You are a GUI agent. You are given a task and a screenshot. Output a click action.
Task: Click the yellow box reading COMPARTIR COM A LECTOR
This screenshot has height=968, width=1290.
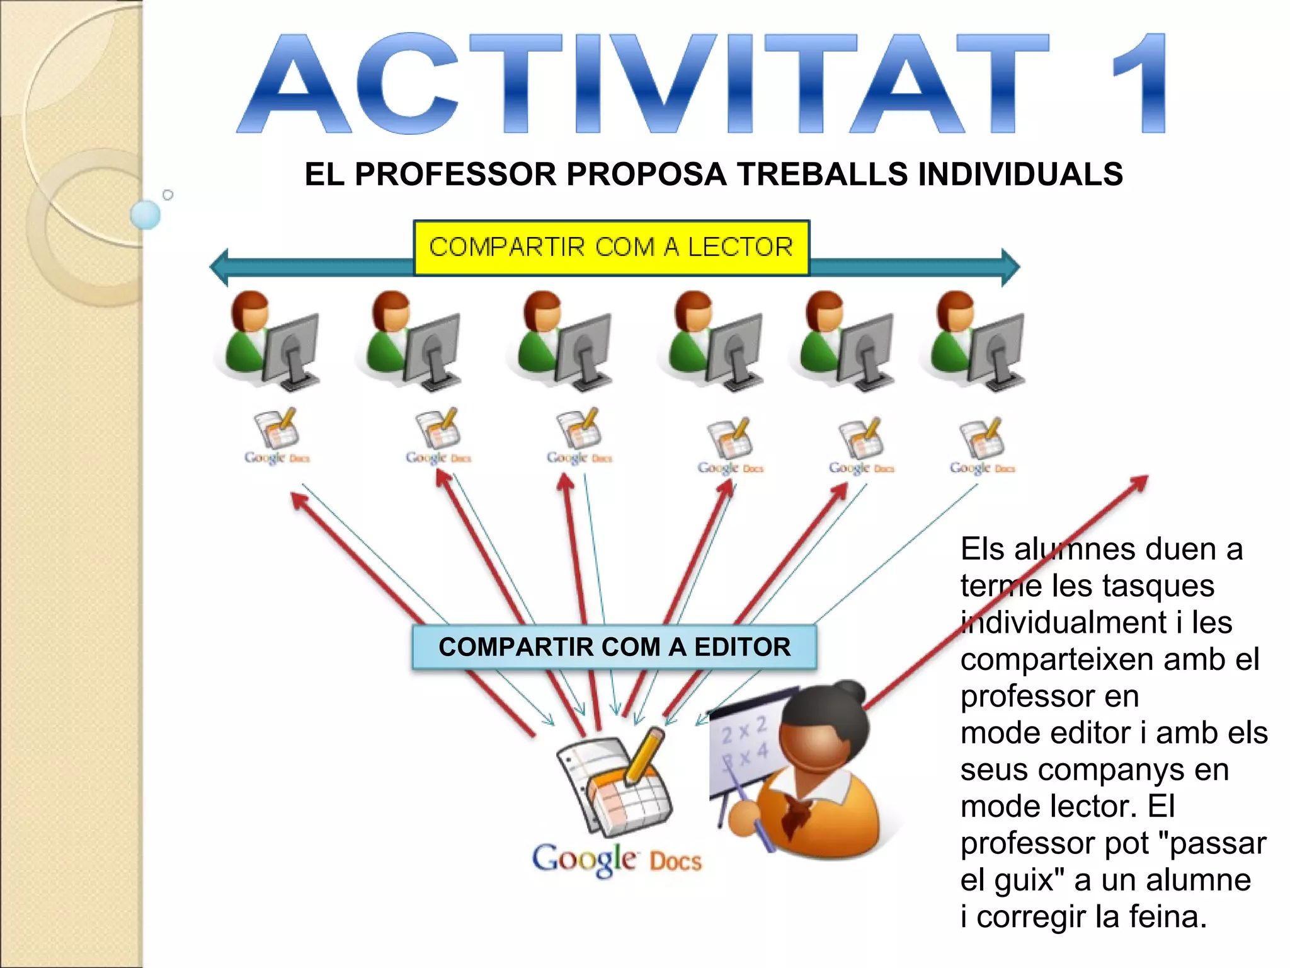click(611, 248)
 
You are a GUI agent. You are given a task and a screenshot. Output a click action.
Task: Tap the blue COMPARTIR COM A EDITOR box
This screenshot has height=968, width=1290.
click(614, 647)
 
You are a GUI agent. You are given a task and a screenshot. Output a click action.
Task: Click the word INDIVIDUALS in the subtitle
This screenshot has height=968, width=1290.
click(1020, 175)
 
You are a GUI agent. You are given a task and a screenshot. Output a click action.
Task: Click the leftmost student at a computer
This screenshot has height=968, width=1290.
click(268, 340)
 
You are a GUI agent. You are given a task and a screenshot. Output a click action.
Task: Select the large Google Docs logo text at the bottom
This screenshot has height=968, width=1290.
click(616, 860)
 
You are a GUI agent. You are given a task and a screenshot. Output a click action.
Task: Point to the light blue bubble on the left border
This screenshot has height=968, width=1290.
click(146, 214)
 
